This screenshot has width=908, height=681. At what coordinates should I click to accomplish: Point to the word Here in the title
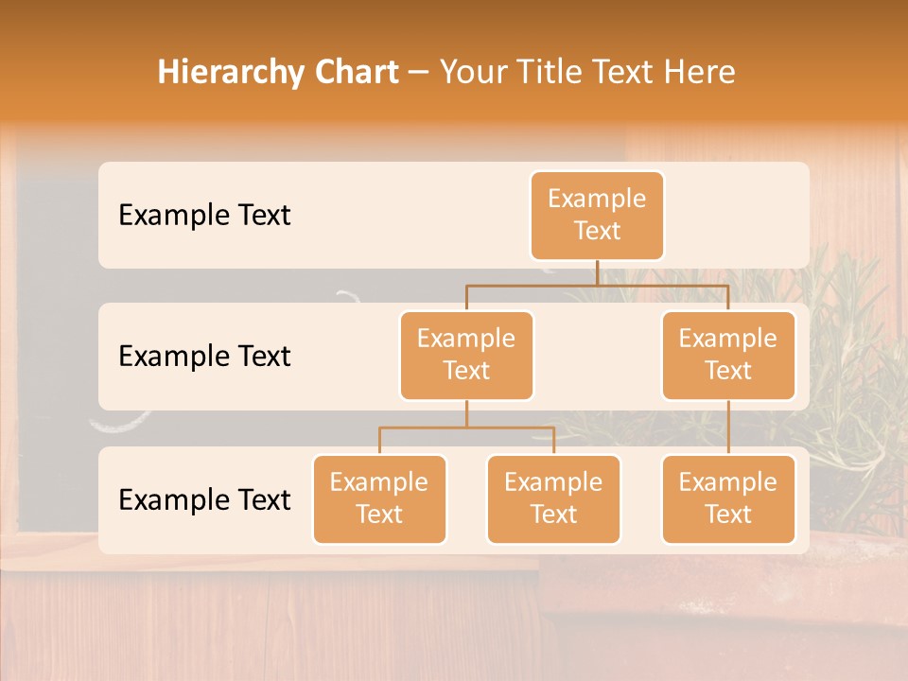[x=701, y=73]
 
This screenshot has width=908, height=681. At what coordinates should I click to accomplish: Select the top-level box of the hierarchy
[x=597, y=216]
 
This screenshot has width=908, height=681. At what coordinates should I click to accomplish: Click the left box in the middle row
[x=466, y=355]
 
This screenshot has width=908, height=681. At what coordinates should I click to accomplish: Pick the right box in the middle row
[x=728, y=355]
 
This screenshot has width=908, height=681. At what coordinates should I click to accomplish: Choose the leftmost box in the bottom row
[x=379, y=498]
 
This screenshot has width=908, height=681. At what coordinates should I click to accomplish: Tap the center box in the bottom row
[x=553, y=498]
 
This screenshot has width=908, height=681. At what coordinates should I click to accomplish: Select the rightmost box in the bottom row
[x=728, y=498]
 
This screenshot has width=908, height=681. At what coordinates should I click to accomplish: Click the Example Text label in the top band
[x=204, y=216]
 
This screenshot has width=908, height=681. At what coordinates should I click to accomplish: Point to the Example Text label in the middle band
[x=204, y=357]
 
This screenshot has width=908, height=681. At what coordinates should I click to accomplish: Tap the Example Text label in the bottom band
[x=204, y=499]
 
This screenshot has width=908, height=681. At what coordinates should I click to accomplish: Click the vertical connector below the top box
[x=597, y=272]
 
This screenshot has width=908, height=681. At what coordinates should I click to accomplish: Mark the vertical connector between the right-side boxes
[x=728, y=428]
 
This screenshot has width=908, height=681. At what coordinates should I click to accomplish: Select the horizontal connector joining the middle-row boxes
[x=597, y=285]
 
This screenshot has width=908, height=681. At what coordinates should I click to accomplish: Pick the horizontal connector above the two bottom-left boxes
[x=466, y=428]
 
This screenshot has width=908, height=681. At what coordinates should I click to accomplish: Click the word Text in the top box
[x=597, y=231]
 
